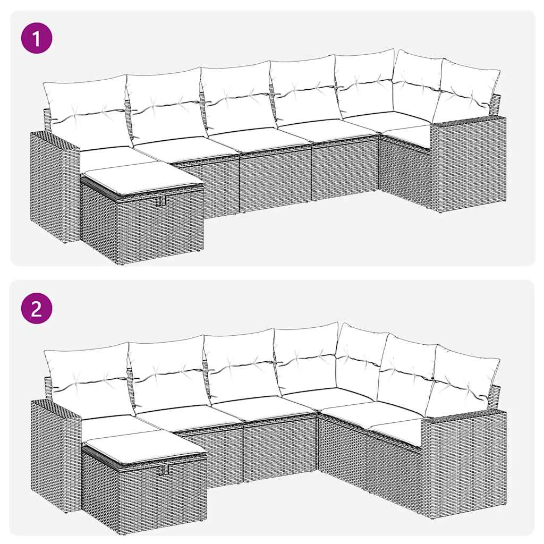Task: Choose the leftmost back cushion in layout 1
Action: coord(87,112)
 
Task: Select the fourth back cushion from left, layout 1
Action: coord(304,90)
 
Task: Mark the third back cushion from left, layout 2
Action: coord(241,364)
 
